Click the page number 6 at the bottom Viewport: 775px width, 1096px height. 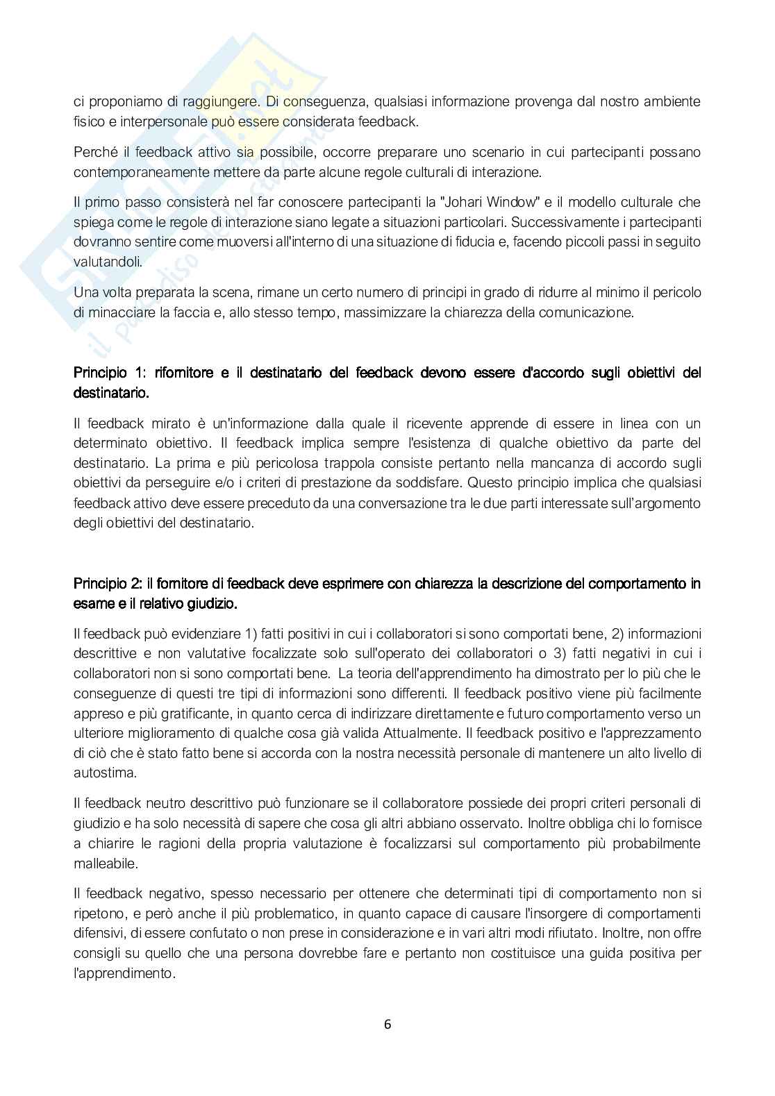pos(387,1025)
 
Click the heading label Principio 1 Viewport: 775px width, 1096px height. pos(103,373)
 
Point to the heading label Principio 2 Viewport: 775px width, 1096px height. pos(103,584)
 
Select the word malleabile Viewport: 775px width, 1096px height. pos(106,863)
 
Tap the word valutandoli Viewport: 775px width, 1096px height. pos(108,262)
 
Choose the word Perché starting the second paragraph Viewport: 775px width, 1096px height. pos(92,151)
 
